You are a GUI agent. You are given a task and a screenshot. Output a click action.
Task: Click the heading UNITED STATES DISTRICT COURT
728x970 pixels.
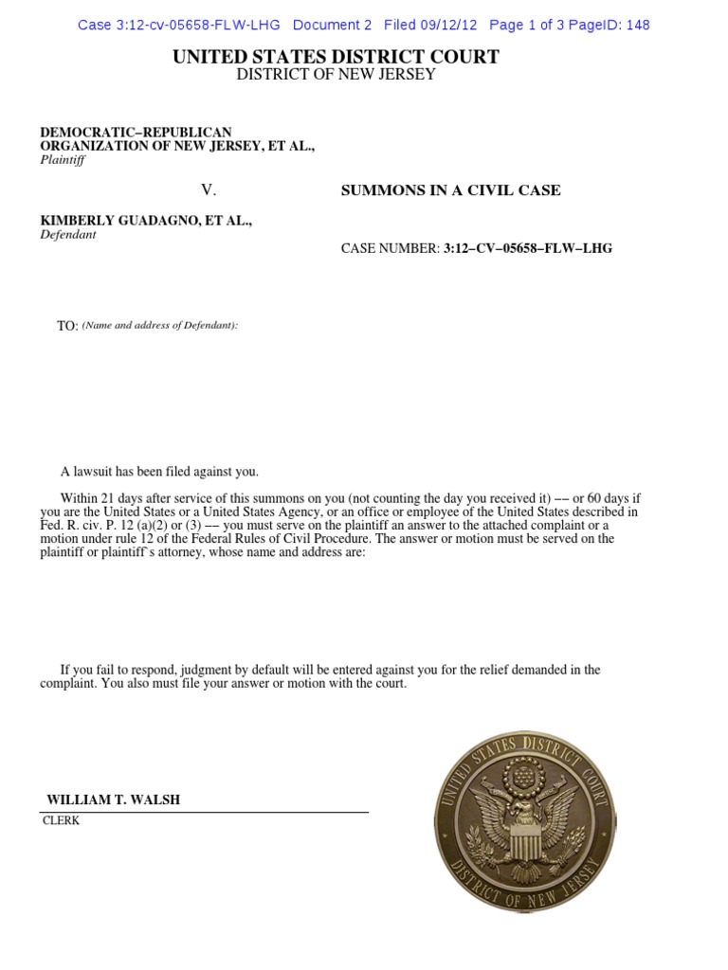pos(336,57)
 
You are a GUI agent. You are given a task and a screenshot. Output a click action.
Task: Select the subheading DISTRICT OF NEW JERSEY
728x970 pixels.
pos(336,75)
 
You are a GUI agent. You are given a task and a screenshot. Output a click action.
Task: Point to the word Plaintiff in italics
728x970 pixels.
pos(62,160)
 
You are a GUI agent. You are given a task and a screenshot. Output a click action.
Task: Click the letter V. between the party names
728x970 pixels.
pos(209,190)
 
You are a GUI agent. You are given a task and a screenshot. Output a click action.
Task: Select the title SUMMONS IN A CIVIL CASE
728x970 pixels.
pos(450,190)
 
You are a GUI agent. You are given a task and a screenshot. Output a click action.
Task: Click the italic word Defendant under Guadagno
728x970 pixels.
pos(68,234)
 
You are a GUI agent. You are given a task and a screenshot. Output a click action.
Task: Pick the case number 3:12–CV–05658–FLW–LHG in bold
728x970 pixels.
pos(528,248)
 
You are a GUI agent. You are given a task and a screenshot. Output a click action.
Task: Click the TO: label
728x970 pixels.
pos(67,326)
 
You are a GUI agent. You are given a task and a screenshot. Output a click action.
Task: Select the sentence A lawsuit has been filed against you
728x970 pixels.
pos(159,472)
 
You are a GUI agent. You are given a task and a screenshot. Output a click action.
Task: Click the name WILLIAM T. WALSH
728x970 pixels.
pos(114,799)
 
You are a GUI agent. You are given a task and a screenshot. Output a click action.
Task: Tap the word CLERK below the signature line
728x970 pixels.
pos(62,821)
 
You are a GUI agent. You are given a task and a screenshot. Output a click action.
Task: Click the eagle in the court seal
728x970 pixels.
pos(519,815)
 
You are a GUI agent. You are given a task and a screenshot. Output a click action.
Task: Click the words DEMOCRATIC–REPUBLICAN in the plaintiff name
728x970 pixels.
pos(136,132)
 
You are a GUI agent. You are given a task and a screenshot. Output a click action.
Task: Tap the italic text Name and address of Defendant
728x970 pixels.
pos(159,326)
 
